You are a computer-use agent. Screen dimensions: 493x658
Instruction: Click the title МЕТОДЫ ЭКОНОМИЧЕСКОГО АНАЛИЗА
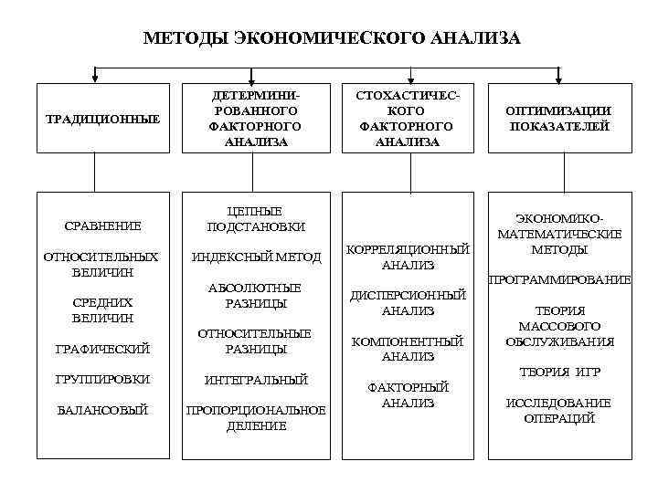click(x=332, y=37)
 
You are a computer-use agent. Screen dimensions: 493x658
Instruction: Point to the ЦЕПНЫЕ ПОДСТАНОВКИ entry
click(x=256, y=218)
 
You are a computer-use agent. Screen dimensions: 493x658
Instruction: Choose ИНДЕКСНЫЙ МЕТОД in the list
click(x=256, y=257)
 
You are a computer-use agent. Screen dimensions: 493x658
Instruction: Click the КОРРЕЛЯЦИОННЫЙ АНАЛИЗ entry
click(x=408, y=257)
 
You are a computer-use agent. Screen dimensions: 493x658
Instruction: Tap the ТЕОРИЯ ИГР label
click(x=559, y=372)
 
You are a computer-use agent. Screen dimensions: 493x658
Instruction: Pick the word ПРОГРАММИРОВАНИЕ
click(x=559, y=279)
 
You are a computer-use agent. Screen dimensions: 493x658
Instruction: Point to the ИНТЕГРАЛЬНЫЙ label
click(x=256, y=379)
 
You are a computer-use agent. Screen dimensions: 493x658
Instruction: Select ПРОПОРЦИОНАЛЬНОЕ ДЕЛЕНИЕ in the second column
click(x=256, y=418)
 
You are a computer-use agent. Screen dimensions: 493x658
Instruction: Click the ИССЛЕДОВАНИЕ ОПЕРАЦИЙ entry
click(x=559, y=411)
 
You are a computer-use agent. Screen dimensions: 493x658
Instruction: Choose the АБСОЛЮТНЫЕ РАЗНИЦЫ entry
click(x=256, y=295)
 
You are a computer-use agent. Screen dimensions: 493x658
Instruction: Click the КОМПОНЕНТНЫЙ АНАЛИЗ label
click(x=408, y=349)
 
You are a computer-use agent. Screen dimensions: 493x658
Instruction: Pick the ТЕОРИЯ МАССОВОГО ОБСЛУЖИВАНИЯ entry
click(x=559, y=326)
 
